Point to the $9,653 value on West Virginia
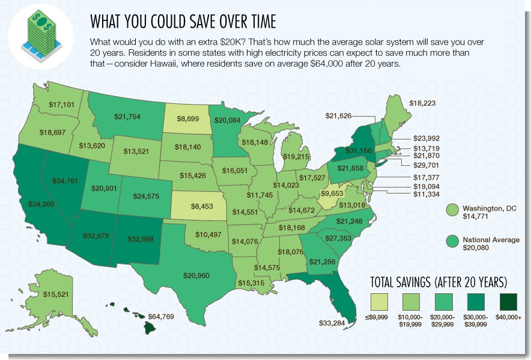[x=334, y=194]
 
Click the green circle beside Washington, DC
[x=452, y=211]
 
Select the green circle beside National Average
[x=452, y=242]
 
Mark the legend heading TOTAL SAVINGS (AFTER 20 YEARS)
[x=439, y=282]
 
